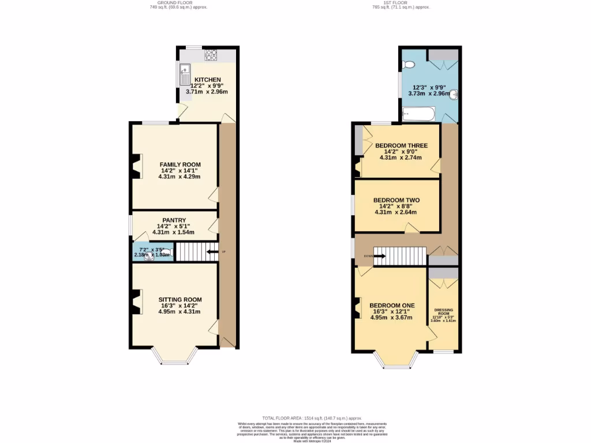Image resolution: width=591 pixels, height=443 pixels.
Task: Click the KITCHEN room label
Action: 207,80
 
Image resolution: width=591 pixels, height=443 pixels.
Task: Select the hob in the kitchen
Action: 211,55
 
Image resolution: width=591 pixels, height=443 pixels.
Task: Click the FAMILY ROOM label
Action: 180,164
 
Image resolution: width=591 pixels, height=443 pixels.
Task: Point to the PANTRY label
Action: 174,220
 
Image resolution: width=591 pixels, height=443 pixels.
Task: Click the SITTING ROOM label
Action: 180,299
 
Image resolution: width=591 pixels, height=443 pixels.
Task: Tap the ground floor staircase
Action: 190,252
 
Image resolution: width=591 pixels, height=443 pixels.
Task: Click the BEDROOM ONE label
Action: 392,305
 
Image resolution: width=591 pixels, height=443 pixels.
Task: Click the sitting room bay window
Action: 174,362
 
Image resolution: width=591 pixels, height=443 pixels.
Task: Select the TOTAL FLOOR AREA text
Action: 295,418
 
